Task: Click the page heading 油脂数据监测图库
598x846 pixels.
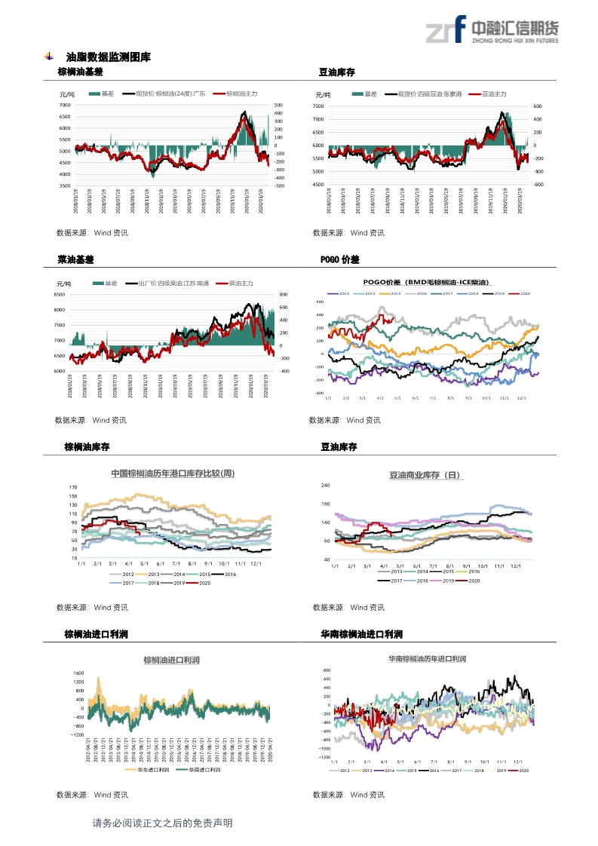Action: point(108,57)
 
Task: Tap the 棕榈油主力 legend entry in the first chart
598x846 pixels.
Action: point(237,93)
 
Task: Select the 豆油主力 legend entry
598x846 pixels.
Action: point(490,94)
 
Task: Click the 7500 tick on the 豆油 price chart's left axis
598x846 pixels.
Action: point(318,107)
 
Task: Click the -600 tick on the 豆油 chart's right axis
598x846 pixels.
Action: point(538,184)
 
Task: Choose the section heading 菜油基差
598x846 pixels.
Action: point(76,259)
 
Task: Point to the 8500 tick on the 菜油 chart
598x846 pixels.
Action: point(60,295)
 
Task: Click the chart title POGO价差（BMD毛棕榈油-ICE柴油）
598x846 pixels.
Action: point(427,281)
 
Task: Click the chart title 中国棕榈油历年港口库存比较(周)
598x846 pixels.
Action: point(173,474)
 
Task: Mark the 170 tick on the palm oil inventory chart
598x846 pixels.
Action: point(72,487)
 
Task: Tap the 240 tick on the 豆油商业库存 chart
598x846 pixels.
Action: point(326,486)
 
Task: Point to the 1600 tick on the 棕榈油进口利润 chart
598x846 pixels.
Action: point(78,673)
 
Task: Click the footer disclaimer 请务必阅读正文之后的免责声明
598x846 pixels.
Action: point(162,823)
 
